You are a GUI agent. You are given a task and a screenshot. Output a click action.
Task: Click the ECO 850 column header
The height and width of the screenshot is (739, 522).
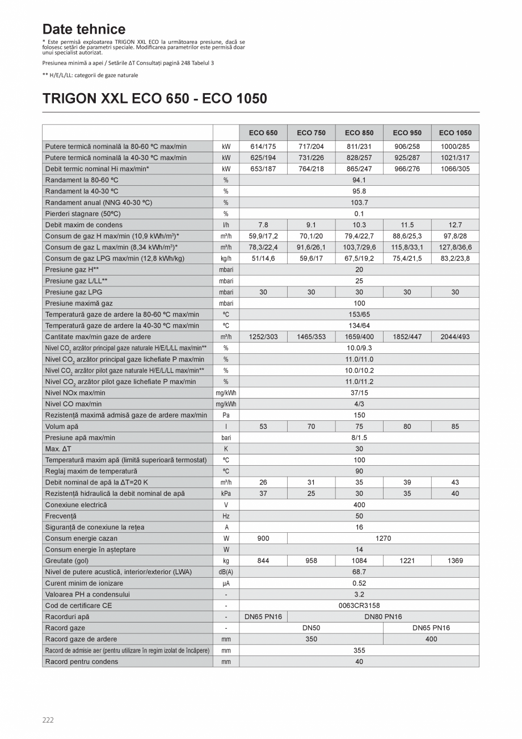[359, 133]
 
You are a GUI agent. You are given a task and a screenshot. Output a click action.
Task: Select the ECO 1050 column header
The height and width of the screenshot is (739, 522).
[455, 133]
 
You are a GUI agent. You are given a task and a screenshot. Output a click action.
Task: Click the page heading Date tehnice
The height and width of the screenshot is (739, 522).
[84, 29]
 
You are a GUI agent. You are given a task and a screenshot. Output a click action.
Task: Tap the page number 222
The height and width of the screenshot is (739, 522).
[48, 720]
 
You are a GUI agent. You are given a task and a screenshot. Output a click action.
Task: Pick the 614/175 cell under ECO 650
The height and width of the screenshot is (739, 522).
[263, 147]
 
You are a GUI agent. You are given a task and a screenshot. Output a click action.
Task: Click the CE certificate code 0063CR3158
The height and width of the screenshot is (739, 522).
[359, 606]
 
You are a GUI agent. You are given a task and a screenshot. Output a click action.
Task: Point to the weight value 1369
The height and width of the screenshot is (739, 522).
[455, 561]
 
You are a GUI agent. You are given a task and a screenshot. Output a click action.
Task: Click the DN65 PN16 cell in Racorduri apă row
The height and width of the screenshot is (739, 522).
[263, 617]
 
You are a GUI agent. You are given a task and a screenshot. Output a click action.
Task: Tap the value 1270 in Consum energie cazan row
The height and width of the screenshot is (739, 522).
[383, 538]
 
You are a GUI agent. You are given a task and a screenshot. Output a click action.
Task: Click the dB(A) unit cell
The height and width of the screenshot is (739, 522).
[226, 572]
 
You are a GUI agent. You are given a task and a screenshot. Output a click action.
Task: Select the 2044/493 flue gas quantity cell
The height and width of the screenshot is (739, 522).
[455, 337]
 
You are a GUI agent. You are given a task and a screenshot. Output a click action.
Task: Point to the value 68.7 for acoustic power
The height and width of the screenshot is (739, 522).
[359, 572]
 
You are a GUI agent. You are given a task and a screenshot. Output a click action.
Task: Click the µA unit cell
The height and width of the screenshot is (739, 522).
[226, 583]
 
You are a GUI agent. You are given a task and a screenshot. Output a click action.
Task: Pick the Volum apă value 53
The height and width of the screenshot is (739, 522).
[263, 427]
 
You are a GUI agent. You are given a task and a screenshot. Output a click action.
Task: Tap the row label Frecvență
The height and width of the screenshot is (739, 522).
[61, 516]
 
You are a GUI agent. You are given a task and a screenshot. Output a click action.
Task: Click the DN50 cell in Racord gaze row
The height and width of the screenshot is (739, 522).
[311, 628]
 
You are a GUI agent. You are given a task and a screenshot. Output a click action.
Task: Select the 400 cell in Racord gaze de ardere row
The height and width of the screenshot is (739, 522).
[431, 639]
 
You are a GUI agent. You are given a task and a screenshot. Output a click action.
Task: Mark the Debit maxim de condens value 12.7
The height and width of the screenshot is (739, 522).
[455, 225]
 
